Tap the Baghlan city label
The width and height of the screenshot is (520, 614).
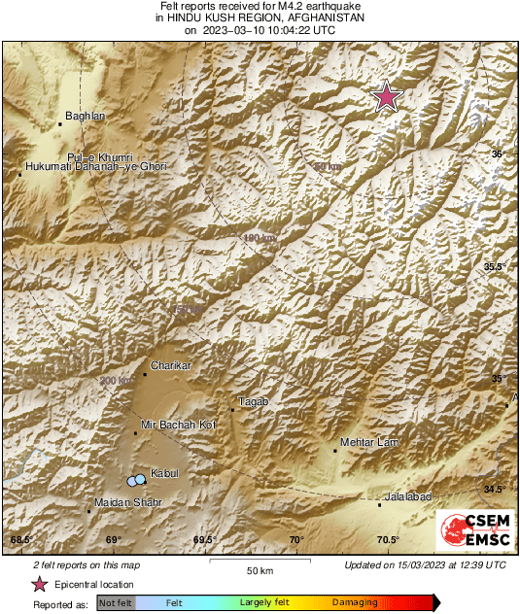(85, 117)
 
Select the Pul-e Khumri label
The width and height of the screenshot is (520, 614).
(99, 156)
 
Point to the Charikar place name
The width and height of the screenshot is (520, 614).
(170, 365)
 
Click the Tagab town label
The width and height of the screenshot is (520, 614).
(253, 401)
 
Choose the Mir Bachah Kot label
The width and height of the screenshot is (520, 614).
(177, 425)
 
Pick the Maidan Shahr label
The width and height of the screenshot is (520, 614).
(127, 502)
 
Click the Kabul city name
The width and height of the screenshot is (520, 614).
(164, 473)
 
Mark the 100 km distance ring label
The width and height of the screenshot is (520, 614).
(260, 237)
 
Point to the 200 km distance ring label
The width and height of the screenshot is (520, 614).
(115, 381)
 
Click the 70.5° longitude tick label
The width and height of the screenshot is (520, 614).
(388, 540)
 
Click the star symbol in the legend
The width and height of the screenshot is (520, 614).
(40, 584)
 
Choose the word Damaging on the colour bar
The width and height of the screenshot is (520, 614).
(355, 602)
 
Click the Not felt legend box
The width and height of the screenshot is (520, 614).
(116, 602)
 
